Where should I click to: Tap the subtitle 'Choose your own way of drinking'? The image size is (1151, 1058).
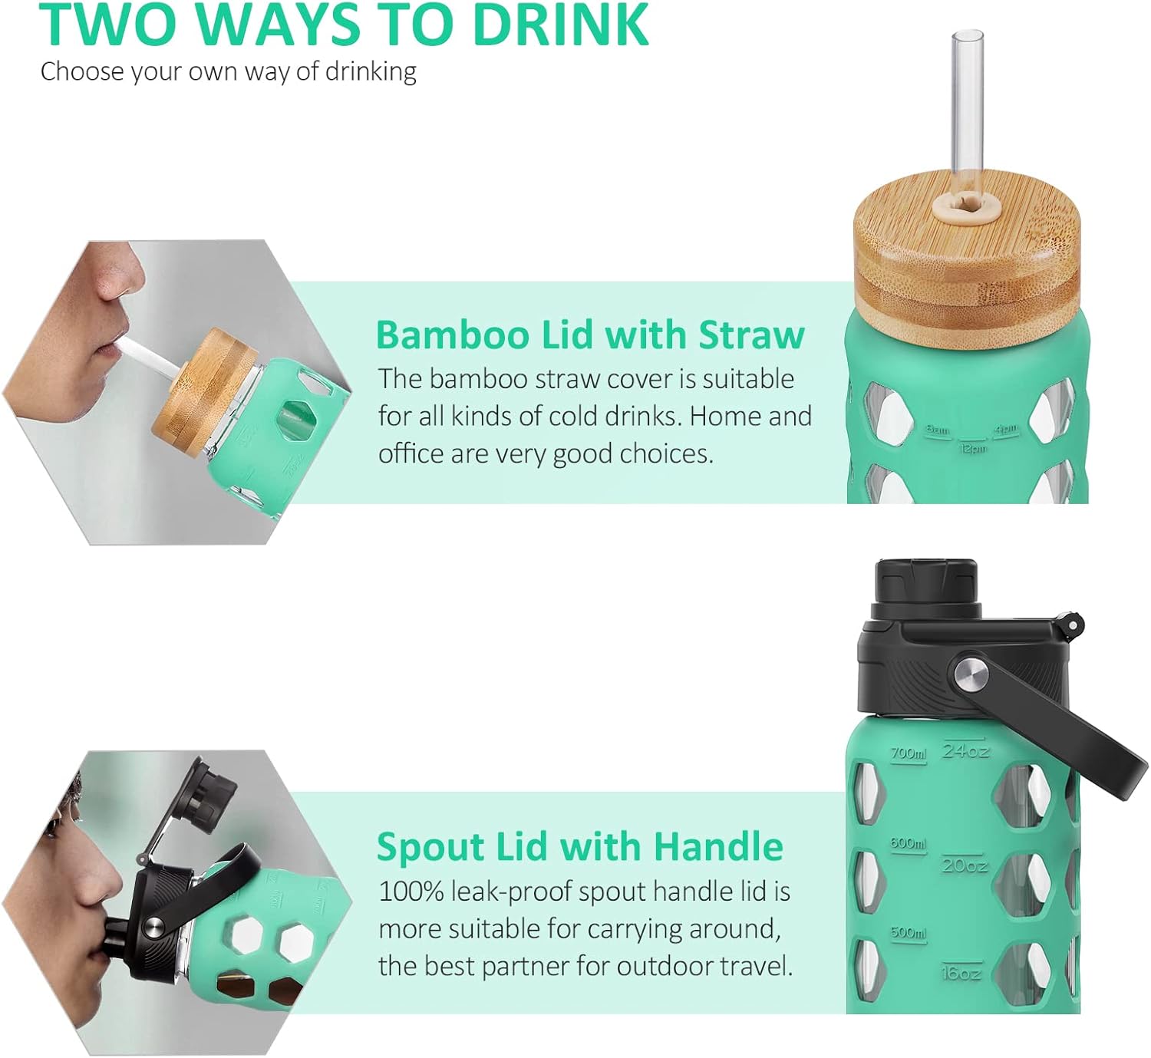[228, 71]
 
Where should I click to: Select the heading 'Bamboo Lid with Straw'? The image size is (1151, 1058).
[589, 335]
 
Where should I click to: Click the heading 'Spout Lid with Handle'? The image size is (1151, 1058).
[579, 847]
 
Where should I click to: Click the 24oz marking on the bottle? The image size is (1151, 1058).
[965, 750]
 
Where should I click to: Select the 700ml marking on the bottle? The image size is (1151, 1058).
[909, 753]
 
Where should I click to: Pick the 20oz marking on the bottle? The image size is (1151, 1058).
[965, 865]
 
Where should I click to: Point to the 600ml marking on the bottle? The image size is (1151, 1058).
[909, 843]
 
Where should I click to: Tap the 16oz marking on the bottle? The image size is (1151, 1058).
[961, 973]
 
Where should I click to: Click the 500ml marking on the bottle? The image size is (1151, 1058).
[909, 933]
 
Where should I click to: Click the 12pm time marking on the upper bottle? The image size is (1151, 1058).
[972, 447]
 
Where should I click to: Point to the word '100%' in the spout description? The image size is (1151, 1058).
[411, 892]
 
